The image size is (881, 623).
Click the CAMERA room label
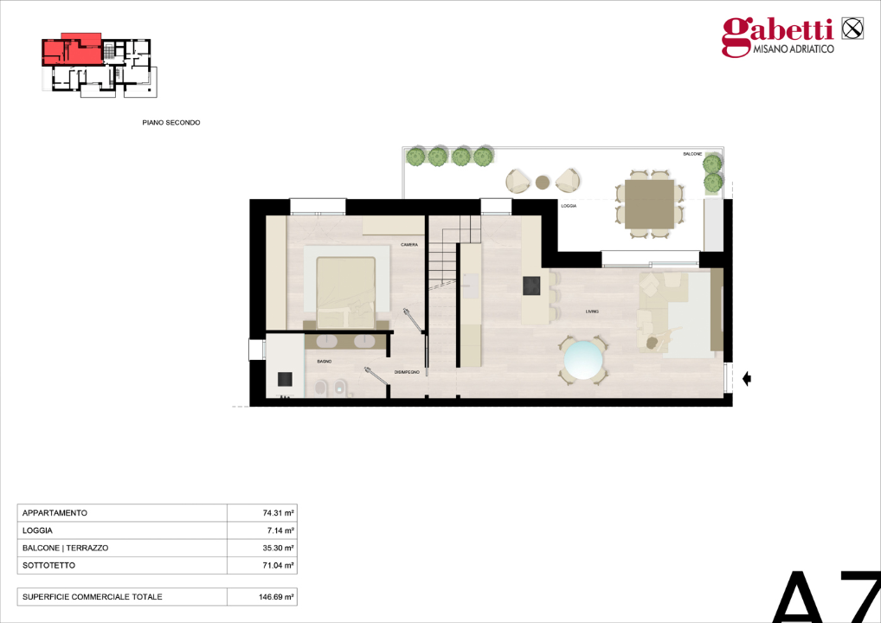coord(409,245)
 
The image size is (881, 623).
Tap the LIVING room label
coord(592,311)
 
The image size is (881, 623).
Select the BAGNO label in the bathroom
coord(325,361)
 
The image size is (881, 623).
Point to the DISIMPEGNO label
coord(408,371)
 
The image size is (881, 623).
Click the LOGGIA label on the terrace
coord(569,206)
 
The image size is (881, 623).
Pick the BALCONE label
coord(692,153)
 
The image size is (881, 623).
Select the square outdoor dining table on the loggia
coord(649,203)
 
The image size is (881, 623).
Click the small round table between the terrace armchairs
coord(543,182)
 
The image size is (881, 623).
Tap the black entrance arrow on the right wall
coord(747,378)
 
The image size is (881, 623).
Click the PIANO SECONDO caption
coord(171,123)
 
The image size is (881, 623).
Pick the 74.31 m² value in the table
coord(279,513)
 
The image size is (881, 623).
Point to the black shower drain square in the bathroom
coord(284,378)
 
